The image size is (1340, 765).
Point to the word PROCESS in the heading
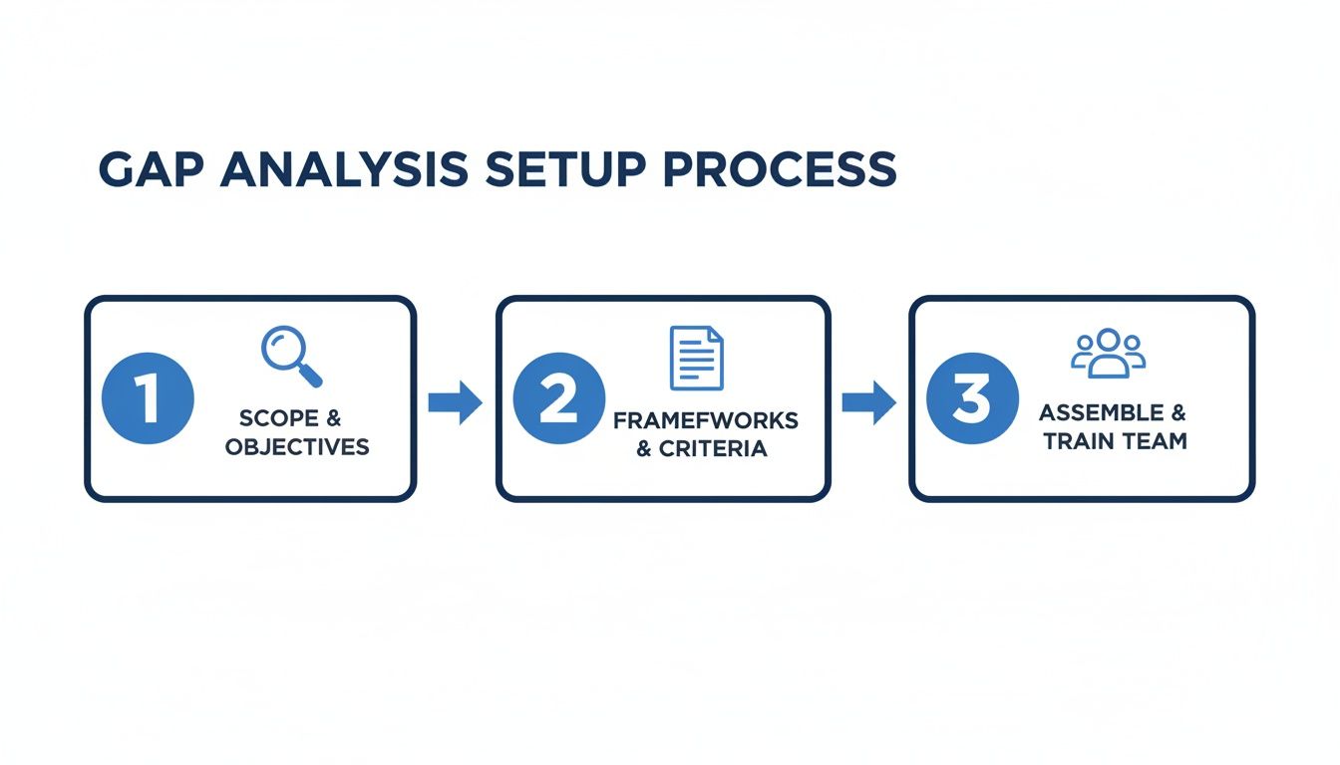point(780,170)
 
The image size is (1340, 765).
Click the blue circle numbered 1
point(148,398)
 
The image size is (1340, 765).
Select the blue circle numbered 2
point(558,398)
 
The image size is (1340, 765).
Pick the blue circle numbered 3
point(972,398)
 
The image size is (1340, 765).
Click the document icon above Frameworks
point(697,358)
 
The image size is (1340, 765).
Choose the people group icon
point(1109,354)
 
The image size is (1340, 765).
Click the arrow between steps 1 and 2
point(455,402)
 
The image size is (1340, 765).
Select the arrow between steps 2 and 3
point(868,402)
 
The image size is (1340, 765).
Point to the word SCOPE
point(280,418)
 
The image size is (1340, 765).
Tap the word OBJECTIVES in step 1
point(297,447)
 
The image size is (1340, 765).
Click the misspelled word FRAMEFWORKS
point(705,420)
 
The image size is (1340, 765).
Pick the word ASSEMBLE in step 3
point(1101,412)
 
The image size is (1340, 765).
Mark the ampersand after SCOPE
point(334,418)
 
